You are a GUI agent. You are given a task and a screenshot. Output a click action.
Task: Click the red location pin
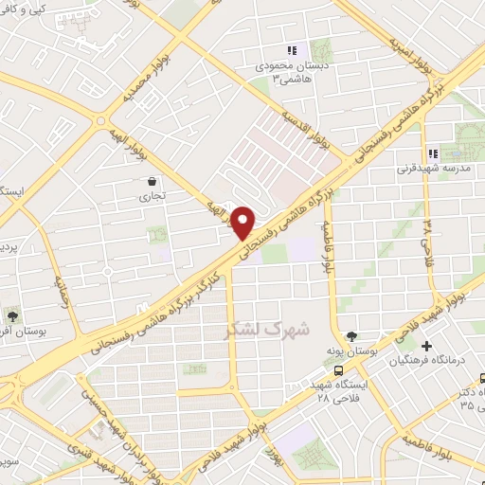click(x=243, y=223)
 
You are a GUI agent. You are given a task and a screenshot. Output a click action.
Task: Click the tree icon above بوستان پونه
click(x=352, y=336)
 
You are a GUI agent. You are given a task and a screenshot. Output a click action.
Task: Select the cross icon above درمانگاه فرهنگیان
click(x=428, y=347)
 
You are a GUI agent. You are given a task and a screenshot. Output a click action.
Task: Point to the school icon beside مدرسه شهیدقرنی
click(x=432, y=153)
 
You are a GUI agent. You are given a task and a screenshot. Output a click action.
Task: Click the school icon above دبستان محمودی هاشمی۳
click(x=292, y=50)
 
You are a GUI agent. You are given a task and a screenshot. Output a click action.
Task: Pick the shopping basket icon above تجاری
click(x=151, y=181)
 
